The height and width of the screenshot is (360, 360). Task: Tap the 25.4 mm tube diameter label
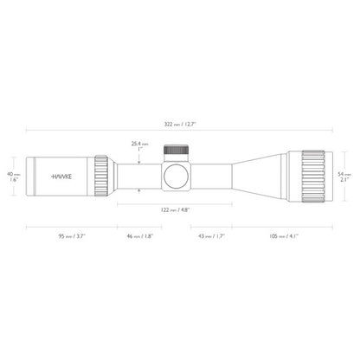point(138,146)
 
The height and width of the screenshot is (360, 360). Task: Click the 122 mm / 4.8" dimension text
point(180,209)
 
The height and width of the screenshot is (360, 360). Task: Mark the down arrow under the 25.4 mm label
point(138,160)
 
